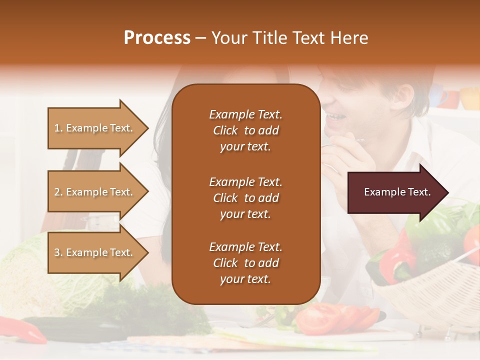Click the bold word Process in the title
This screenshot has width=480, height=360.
[x=157, y=38]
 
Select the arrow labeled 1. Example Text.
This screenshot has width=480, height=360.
[x=95, y=128]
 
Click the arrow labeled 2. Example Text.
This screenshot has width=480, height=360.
[x=95, y=192]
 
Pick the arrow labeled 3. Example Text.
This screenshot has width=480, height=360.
[x=95, y=253]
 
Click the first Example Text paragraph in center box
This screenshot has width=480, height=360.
[x=245, y=130]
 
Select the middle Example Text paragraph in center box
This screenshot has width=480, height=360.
[x=245, y=198]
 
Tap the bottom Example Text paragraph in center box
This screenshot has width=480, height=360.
[x=245, y=263]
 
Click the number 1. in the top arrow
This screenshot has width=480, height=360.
[x=58, y=128]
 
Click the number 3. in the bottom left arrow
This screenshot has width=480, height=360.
[x=58, y=253]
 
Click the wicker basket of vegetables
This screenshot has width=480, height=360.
[x=430, y=295]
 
